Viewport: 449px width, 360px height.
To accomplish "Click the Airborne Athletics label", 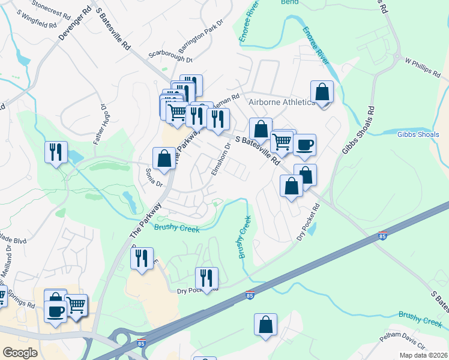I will pos(281,103).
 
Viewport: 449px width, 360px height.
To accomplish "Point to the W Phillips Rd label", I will pos(423,65).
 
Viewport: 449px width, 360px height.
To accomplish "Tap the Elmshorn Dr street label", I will pos(220,159).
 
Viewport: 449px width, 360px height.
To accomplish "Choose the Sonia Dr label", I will pos(154,177).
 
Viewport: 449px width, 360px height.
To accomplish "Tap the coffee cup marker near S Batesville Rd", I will pos(304,145).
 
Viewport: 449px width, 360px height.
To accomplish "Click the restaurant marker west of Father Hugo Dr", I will pos(56,152).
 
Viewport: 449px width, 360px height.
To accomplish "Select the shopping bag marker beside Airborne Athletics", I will pos(322,92).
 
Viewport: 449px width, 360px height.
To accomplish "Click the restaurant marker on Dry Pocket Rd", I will pos(206,278).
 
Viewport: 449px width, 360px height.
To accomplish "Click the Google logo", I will pos(20,352).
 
